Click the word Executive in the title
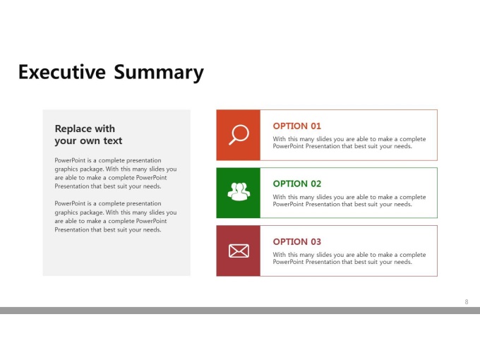62,71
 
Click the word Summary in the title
159,73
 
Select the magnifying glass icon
239,134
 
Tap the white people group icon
239,191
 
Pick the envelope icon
239,251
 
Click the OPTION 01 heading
297,126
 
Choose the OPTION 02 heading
297,184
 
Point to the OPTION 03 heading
297,242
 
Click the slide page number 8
467,302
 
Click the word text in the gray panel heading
113,140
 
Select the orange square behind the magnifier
238,135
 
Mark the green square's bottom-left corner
217,218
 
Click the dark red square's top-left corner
217,226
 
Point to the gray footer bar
240,311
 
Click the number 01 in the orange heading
316,126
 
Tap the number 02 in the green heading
316,184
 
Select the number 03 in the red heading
316,242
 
